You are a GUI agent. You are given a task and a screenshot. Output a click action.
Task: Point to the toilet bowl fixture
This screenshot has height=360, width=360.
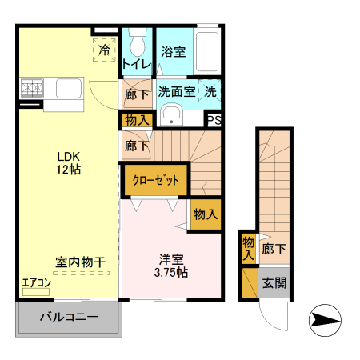(137, 40)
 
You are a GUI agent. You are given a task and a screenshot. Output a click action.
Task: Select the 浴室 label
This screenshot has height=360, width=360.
(174, 52)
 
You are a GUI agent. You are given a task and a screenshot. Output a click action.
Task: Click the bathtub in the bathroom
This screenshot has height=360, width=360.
(207, 53)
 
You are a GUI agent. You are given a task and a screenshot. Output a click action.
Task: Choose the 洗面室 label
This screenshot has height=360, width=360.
(176, 91)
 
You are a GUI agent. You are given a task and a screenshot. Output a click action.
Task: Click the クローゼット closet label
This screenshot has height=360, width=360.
(155, 180)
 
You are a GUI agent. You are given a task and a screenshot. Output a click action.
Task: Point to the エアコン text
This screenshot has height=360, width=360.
(36, 283)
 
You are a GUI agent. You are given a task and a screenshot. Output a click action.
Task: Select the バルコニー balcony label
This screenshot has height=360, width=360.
(69, 318)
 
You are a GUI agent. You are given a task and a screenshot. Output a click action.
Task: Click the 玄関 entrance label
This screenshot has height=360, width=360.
(274, 282)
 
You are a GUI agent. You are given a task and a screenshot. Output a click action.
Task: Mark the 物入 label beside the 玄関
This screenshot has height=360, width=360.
(249, 248)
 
